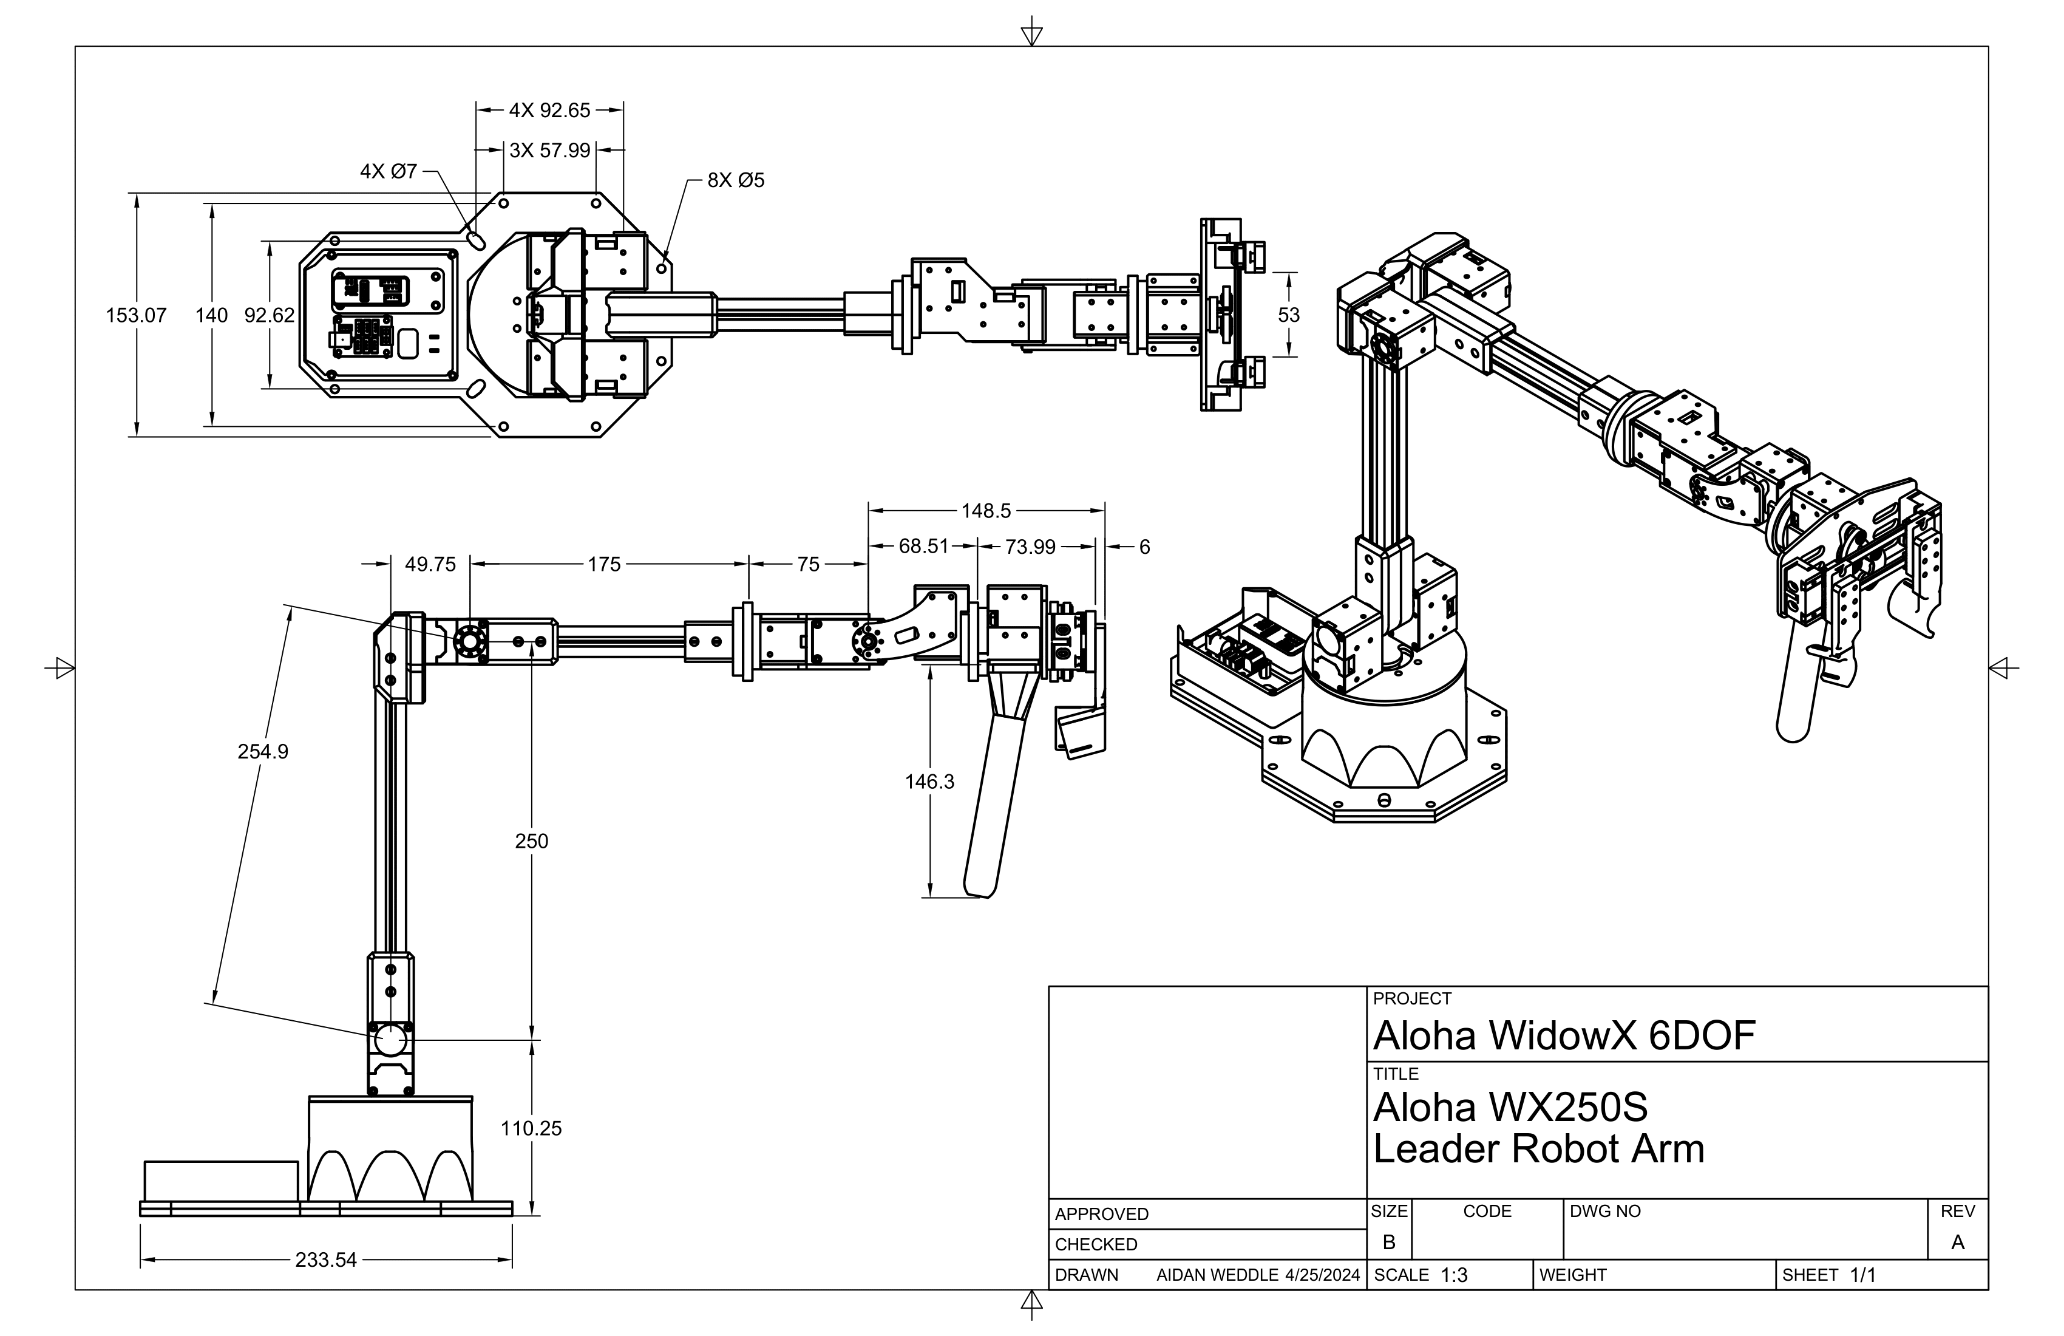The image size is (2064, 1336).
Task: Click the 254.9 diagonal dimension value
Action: click(263, 751)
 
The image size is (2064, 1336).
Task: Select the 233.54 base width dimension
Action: click(325, 1259)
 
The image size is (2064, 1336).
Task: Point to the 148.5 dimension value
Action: click(986, 511)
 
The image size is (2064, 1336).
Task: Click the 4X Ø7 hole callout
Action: click(389, 172)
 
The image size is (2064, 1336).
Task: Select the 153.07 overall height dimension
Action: click(136, 315)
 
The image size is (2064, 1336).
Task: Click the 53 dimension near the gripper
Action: click(1289, 315)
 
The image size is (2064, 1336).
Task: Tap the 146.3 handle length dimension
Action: click(929, 782)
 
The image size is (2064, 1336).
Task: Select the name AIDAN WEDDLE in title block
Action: click(1217, 1275)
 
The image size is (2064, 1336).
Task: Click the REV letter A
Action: click(1957, 1242)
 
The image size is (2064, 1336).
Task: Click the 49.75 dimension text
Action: click(430, 565)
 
